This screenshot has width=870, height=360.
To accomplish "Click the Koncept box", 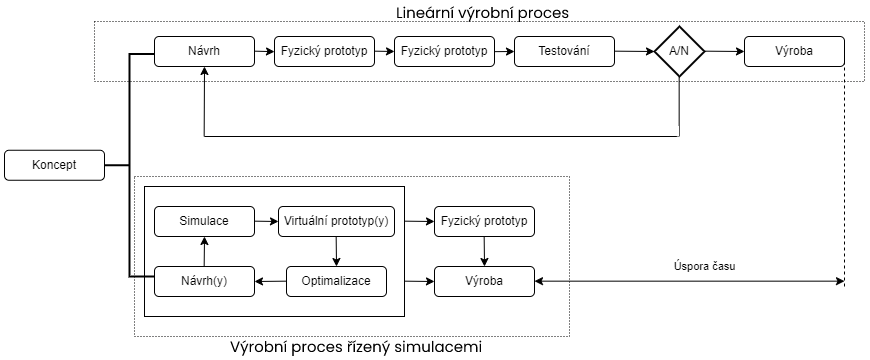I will (54, 165).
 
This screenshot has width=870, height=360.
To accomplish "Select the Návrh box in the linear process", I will (204, 51).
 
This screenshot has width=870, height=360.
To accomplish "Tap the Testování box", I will (564, 51).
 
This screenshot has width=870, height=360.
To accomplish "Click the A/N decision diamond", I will (680, 52).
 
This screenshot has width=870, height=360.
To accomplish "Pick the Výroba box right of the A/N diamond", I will (794, 51).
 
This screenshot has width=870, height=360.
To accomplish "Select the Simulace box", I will (204, 221).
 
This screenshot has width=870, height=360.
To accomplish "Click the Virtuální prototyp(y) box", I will (335, 221).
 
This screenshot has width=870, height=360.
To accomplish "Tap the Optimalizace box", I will (335, 281).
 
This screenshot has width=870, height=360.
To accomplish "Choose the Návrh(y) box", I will (204, 281).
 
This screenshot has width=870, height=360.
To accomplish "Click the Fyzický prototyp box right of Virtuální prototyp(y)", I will (484, 221).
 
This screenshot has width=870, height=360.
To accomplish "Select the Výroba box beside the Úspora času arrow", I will (484, 281).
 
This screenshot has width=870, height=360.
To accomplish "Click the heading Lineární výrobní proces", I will (483, 11).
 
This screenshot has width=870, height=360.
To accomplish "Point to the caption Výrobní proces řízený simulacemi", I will (357, 348).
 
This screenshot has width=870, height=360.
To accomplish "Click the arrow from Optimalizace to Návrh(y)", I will (270, 281).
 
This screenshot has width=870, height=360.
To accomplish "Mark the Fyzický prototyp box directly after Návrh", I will (324, 51).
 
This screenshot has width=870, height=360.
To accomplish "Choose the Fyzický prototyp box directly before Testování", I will (444, 51).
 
